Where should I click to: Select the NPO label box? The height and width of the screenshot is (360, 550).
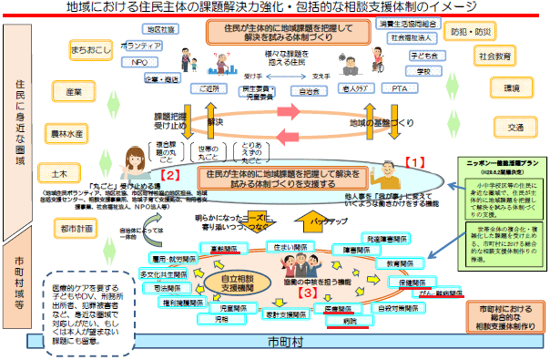tap(139, 63)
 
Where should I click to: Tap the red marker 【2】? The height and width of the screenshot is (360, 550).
tap(169, 171)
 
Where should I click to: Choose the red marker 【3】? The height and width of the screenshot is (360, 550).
tap(308, 293)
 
